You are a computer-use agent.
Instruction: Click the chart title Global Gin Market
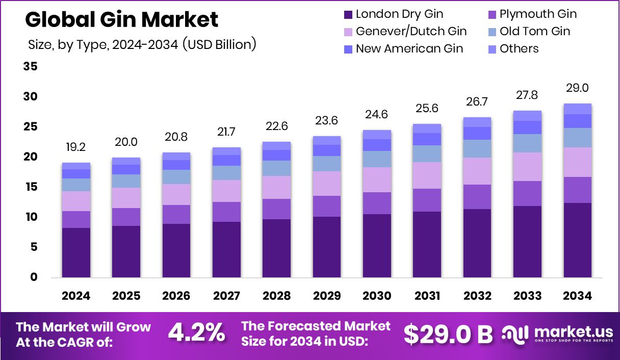(x=121, y=19)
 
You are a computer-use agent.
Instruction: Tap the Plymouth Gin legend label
(x=538, y=14)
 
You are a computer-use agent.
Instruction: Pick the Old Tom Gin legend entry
(x=535, y=31)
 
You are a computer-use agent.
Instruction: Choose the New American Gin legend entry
(x=409, y=48)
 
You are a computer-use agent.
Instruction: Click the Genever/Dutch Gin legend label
(x=411, y=31)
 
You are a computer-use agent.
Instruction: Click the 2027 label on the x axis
(x=226, y=296)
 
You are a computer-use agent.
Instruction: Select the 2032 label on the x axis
(x=477, y=296)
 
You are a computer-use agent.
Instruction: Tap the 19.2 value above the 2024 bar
(x=75, y=148)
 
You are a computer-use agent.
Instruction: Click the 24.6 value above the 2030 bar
(x=377, y=115)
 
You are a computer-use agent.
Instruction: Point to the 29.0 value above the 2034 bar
(x=577, y=88)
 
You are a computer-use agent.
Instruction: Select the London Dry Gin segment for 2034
(x=577, y=240)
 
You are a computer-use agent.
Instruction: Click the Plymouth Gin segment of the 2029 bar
(x=326, y=206)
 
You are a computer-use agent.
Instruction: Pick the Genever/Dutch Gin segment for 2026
(x=176, y=194)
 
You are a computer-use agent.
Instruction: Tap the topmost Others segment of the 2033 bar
(x=527, y=115)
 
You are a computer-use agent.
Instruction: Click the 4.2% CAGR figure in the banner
(x=196, y=333)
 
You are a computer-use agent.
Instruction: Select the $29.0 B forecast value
(x=448, y=334)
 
